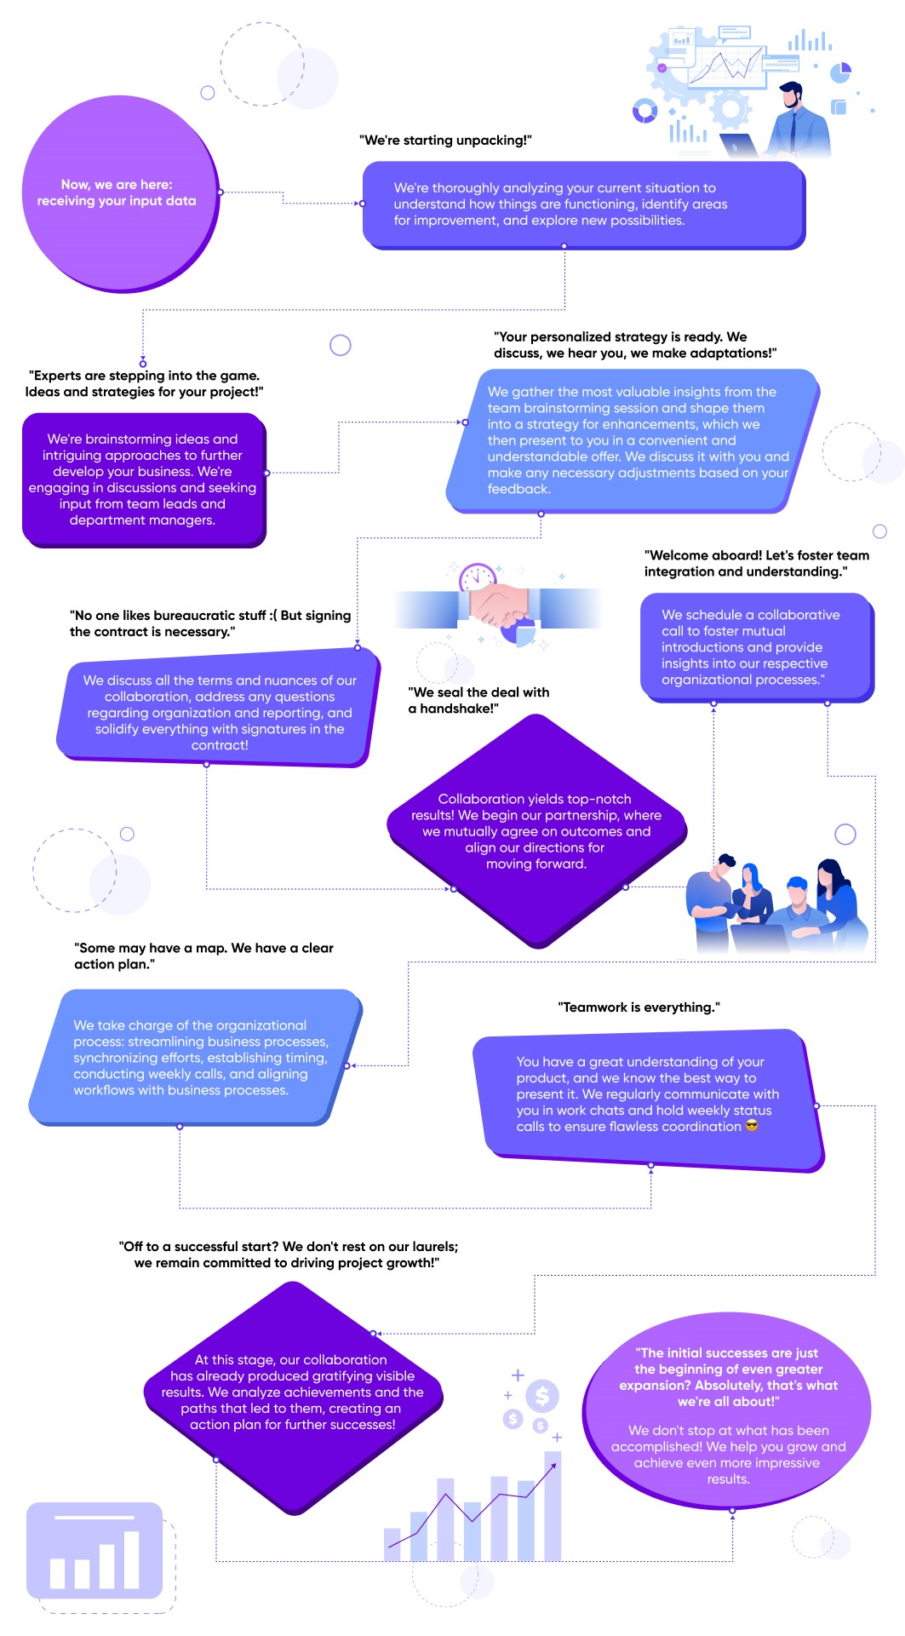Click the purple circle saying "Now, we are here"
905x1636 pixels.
[x=120, y=193]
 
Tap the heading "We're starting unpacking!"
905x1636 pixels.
[x=445, y=141]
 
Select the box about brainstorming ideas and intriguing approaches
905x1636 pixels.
[x=144, y=479]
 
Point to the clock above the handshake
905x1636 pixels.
[x=477, y=578]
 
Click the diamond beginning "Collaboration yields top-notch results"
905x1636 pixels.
[x=536, y=831]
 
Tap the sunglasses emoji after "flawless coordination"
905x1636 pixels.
[x=752, y=1126]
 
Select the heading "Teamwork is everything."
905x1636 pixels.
[x=639, y=1007]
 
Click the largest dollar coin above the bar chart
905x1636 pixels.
[x=542, y=1395]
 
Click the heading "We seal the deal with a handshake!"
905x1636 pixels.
[x=478, y=700]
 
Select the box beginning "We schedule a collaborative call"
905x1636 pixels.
[x=757, y=647]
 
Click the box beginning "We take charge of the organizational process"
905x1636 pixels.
[x=195, y=1057]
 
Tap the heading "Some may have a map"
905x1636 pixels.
[x=203, y=956]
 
